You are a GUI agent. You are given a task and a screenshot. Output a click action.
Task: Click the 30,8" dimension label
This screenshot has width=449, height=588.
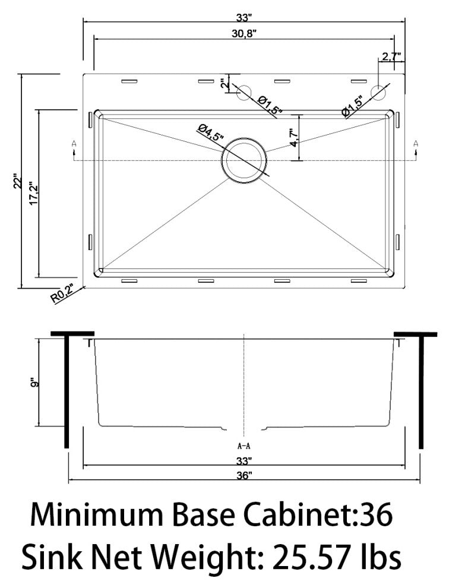[244, 33]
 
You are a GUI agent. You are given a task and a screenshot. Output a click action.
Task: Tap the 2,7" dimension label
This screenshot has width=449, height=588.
[391, 56]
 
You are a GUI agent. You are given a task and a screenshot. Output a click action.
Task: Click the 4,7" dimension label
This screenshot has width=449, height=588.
[295, 138]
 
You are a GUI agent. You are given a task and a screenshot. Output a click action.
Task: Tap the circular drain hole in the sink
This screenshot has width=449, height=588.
[245, 160]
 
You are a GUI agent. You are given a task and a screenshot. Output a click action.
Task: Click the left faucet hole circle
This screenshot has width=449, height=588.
[244, 92]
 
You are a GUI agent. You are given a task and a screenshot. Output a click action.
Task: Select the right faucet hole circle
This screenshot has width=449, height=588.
[379, 92]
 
